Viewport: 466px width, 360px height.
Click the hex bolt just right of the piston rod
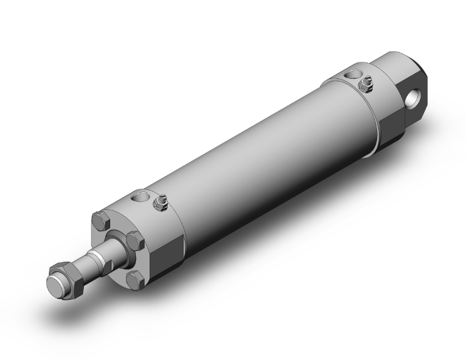point(135,242)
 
